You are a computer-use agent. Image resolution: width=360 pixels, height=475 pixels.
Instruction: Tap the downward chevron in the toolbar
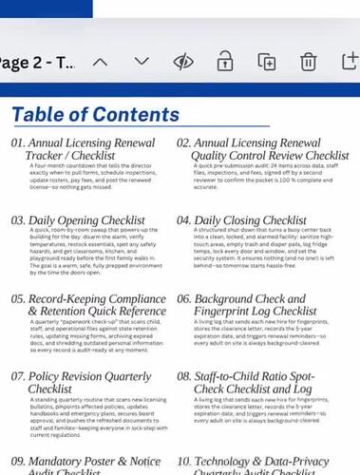pos(142,62)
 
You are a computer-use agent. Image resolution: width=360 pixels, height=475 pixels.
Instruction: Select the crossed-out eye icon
pos(184,62)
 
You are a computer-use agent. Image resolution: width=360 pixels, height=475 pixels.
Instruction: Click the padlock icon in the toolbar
pos(225,62)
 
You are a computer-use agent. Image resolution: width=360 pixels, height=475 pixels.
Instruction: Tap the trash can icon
pos(308,62)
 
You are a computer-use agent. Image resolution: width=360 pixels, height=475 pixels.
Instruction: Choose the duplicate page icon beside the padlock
pos(267,62)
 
